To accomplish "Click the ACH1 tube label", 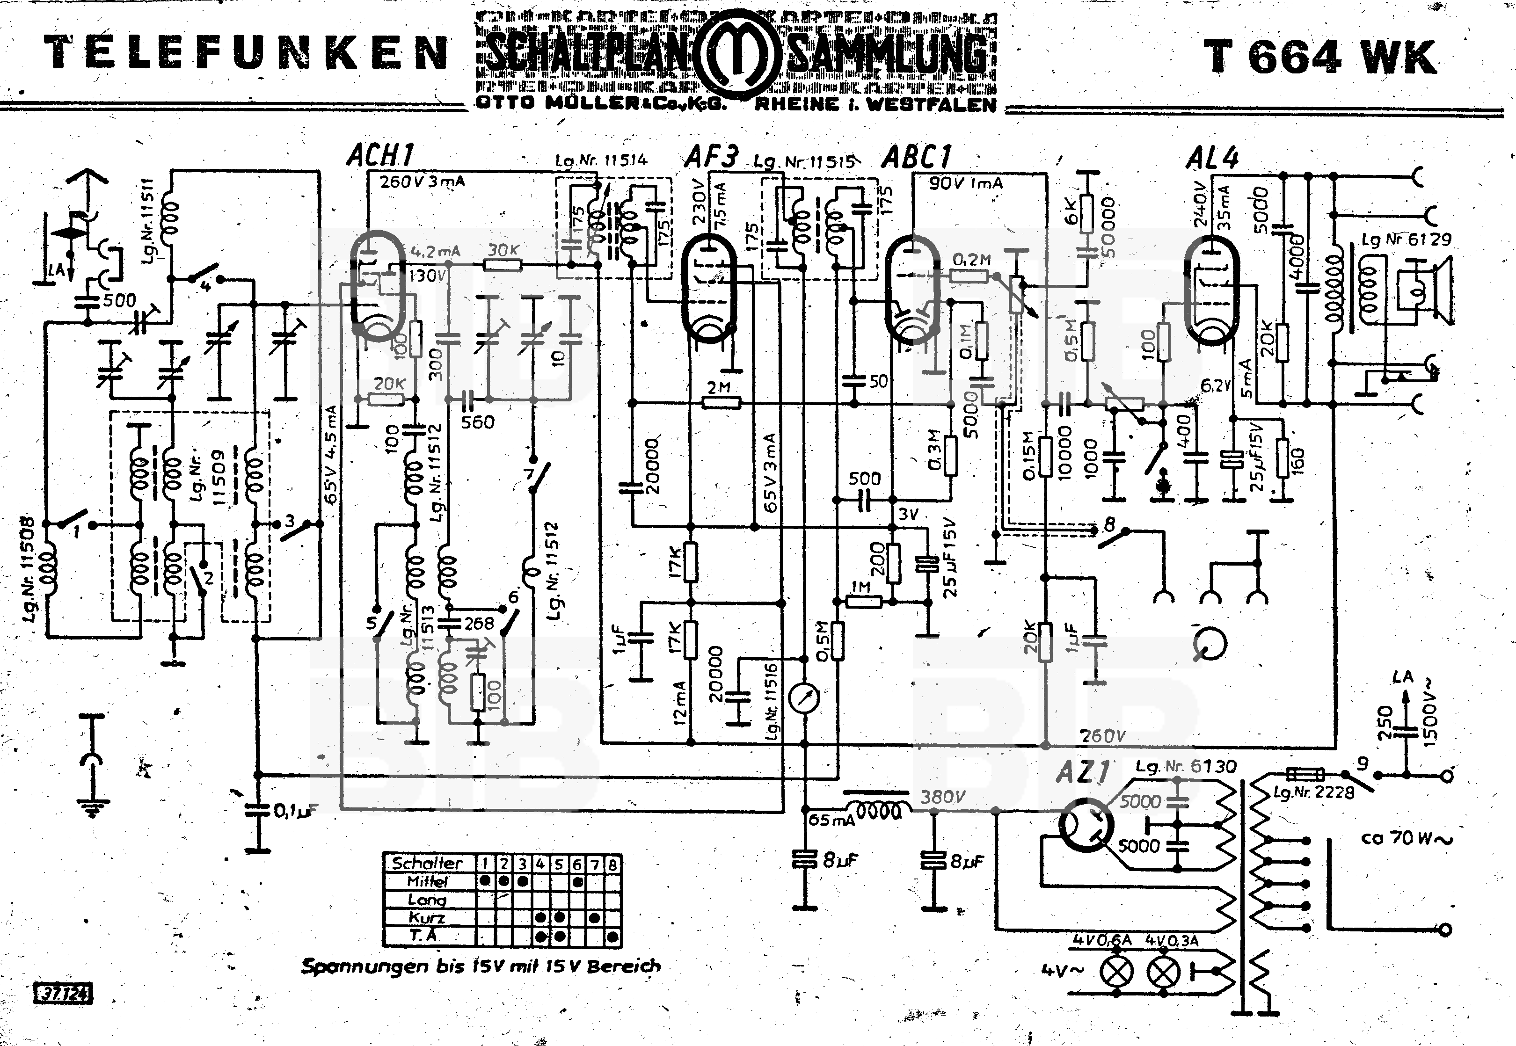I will [x=380, y=156].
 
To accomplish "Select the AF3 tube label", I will [x=711, y=157].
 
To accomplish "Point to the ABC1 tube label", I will [x=916, y=157].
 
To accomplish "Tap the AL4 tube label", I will [x=1212, y=158].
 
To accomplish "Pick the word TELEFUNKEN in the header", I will [x=246, y=54].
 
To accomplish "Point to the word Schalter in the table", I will [x=427, y=863].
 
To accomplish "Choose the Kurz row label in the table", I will [x=427, y=917].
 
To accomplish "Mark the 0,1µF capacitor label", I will [x=294, y=811].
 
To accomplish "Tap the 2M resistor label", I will [x=719, y=387].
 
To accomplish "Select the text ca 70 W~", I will [x=1406, y=838].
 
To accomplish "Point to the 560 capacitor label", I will [x=477, y=422].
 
